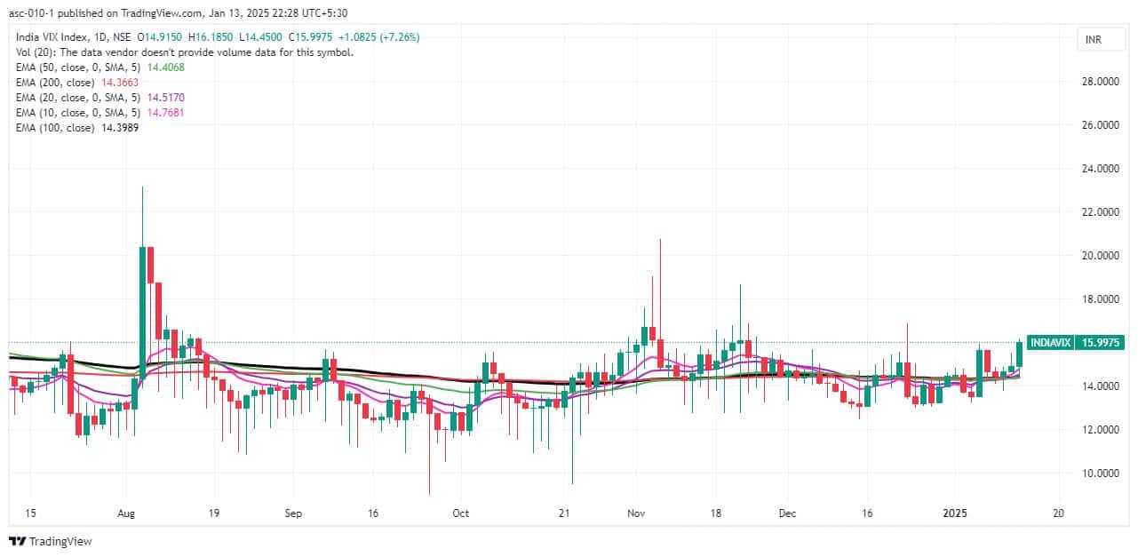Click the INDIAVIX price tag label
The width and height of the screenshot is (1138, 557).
pyautogui.click(x=1050, y=342)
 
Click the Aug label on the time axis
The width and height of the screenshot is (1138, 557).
pyautogui.click(x=125, y=513)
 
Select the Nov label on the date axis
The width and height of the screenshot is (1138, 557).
pyautogui.click(x=636, y=513)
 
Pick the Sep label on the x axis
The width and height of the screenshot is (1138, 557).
pyautogui.click(x=294, y=513)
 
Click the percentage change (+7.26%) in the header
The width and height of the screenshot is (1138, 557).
pyautogui.click(x=397, y=36)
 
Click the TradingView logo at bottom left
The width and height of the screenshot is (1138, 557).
pyautogui.click(x=51, y=541)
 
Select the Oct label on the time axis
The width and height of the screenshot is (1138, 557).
pyautogui.click(x=459, y=513)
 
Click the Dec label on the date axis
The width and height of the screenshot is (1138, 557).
pyautogui.click(x=788, y=513)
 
